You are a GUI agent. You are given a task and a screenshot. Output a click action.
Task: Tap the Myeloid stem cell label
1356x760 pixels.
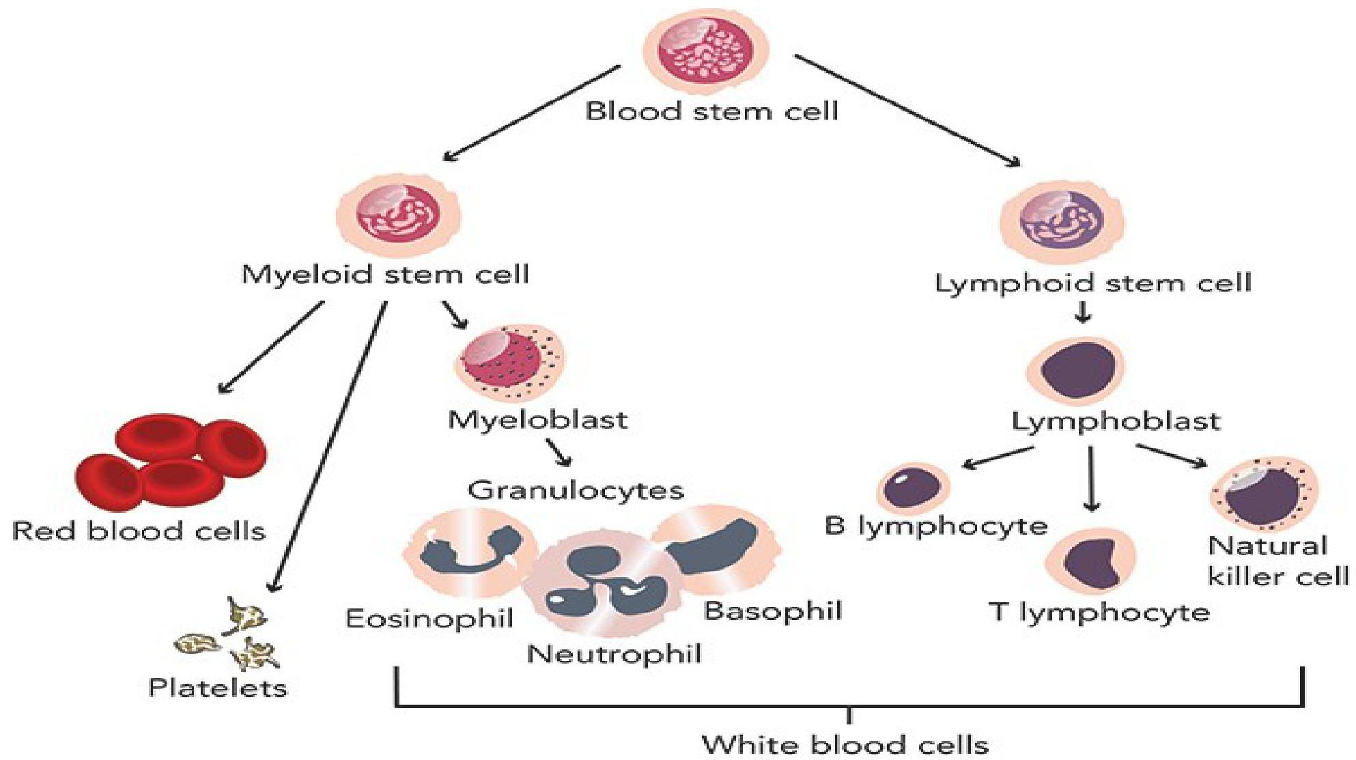point(385,275)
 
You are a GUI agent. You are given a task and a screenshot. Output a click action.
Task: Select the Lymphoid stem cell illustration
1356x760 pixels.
point(1062,220)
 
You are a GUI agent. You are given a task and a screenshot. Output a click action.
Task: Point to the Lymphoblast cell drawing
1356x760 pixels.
point(1075,370)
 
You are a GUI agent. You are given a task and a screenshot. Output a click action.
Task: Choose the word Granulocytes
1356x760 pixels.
point(576,490)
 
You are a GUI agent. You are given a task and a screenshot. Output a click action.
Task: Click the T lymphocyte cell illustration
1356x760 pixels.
point(1091,561)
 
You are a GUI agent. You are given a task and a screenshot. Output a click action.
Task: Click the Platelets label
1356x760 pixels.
point(218,688)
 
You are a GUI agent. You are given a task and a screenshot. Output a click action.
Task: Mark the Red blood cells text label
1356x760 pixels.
point(139,531)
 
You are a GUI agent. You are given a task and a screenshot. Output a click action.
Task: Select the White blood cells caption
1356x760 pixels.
point(845,744)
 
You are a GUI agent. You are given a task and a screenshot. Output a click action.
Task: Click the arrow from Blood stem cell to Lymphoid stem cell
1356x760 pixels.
point(907,111)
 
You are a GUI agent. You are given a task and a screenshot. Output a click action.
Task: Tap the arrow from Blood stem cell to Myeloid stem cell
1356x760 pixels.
point(532,113)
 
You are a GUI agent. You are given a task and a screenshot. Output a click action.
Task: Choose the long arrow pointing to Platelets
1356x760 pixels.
point(328,447)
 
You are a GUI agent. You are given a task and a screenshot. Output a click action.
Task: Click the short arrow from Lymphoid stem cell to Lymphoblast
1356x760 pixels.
point(1083,312)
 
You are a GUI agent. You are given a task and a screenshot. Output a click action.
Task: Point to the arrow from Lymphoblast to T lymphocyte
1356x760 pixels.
point(1092,478)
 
